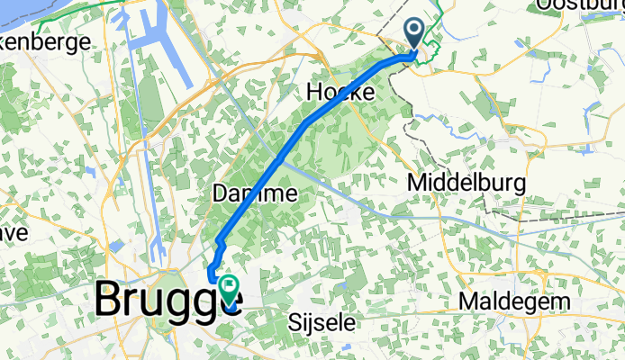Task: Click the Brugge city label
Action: pyautogui.click(x=168, y=299)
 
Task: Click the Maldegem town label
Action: pyautogui.click(x=507, y=301)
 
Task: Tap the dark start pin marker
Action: pyautogui.click(x=415, y=36)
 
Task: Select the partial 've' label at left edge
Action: pyautogui.click(x=14, y=232)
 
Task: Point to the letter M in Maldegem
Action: pyautogui.click(x=468, y=301)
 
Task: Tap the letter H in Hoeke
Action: pyautogui.click(x=315, y=92)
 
